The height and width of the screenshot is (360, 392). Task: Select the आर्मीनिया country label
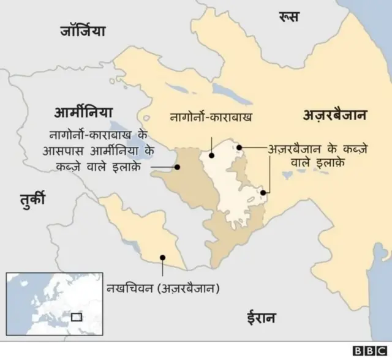pos(83,113)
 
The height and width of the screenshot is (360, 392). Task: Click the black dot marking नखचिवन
pos(162,258)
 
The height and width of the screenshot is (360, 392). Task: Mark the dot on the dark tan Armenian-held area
pos(177,166)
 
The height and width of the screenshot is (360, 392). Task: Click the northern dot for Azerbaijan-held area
pos(241,147)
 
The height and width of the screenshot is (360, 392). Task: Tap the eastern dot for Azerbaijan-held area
pos(263,192)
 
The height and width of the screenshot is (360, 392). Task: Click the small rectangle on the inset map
pos(77,317)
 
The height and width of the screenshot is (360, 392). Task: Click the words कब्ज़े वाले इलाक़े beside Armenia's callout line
pos(107,166)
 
